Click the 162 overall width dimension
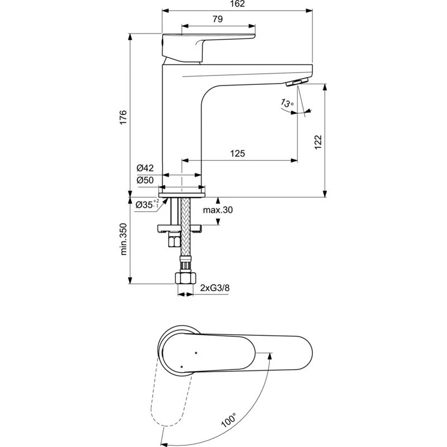click(x=238, y=4)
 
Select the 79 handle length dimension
click(x=218, y=19)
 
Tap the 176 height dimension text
click(x=123, y=117)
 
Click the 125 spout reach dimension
click(x=238, y=153)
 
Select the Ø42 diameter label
click(x=145, y=168)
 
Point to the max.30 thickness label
click(x=217, y=210)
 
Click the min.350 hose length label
click(x=123, y=240)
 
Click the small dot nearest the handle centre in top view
click(x=196, y=353)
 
